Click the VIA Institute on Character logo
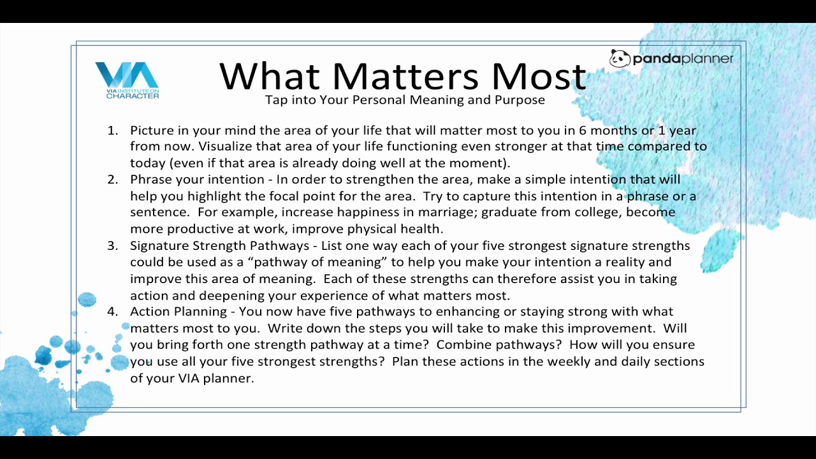point(127,80)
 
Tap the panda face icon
point(620,58)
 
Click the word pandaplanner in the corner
point(683,59)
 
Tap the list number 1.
point(113,130)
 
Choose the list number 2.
point(113,179)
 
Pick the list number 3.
point(113,245)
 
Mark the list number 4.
point(113,312)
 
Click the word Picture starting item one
point(152,130)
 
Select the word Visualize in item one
point(225,147)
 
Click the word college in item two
point(596,213)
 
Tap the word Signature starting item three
point(159,246)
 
